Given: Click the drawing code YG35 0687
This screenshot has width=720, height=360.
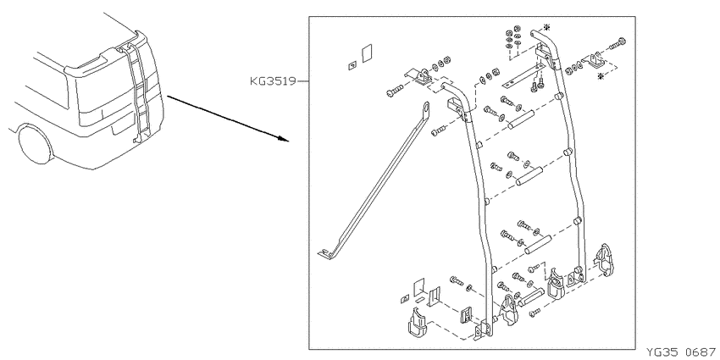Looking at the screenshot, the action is click(x=681, y=352).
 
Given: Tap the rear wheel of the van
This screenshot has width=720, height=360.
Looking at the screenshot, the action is click(x=34, y=144).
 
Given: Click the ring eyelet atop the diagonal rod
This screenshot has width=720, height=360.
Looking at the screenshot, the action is click(x=426, y=108).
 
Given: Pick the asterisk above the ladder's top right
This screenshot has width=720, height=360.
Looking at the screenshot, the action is click(x=546, y=26).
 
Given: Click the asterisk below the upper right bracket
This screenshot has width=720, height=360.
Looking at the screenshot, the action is click(x=601, y=77).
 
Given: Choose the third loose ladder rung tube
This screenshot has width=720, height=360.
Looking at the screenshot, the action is click(x=539, y=244).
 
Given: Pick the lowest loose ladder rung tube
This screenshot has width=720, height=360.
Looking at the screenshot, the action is click(x=532, y=297).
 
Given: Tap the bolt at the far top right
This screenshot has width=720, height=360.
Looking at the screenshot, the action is click(x=618, y=43).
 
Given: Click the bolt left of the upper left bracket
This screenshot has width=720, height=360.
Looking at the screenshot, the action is click(x=395, y=91).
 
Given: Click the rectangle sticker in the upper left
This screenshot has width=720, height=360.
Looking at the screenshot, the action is click(x=366, y=53).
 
